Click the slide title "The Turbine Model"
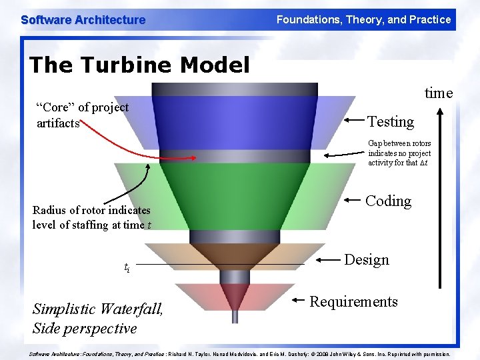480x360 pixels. pos(139,65)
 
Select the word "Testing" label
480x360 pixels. pos(391,121)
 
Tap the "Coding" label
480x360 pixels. pos(388,201)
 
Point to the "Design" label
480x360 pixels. pos(366,259)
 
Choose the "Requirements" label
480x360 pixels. pos(353,301)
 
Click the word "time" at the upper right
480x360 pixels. pos(439,93)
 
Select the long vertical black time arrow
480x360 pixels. pos(439,200)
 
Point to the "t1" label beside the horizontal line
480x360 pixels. pos(127,267)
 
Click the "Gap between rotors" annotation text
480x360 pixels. pos(399,153)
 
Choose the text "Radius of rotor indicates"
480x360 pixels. pos(91,210)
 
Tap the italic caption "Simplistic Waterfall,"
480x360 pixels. pos(97,309)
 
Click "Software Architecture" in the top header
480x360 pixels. pos(83,20)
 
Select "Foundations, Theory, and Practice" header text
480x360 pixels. pos(363,20)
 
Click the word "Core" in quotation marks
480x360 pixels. pos(57,107)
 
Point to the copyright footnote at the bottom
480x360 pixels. pos(240,354)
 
